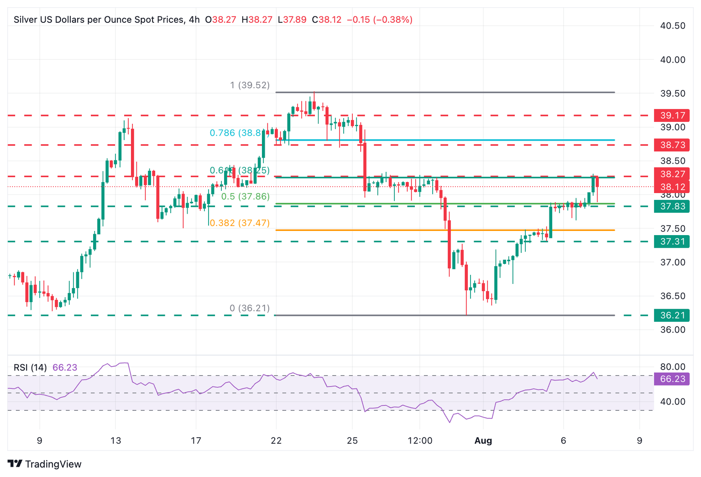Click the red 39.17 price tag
pos(672,115)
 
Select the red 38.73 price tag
pos(672,145)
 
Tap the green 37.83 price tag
pos(672,206)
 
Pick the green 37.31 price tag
pos(672,241)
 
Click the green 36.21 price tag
pos(672,315)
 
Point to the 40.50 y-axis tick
pos(673,26)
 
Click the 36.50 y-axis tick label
pos(673,296)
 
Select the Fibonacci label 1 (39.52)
pos(250,85)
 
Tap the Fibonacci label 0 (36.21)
pos(250,309)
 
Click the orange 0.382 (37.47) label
pos(240,223)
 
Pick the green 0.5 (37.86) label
pos(245,197)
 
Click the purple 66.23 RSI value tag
pos(672,379)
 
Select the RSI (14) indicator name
pos(30,367)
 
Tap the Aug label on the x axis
pos(483,441)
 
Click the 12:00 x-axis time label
pos(420,441)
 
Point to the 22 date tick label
pos(276,441)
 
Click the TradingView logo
pos(45,464)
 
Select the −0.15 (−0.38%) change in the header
pos(380,20)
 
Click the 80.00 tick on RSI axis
pos(673,367)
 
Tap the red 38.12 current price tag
pos(672,187)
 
